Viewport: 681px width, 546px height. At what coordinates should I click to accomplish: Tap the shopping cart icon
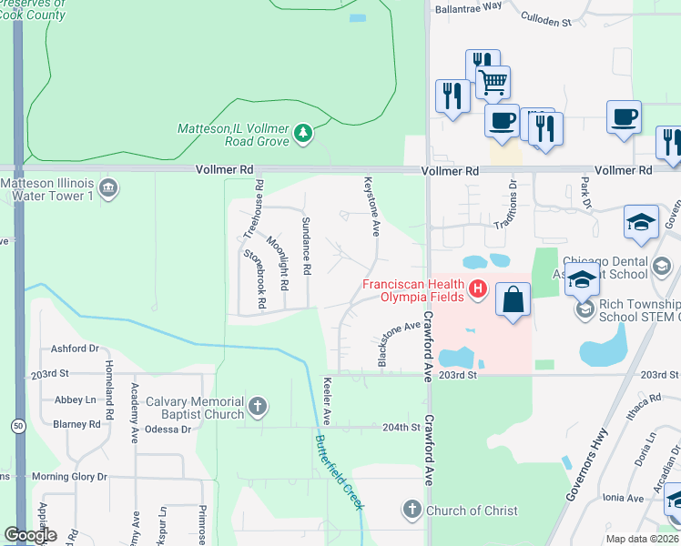[493, 82]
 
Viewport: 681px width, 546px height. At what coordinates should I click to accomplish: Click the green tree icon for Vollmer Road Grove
[303, 135]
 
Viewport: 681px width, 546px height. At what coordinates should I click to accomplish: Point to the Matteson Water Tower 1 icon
[108, 189]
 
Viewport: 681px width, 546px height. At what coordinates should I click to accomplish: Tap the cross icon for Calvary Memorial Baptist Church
[258, 406]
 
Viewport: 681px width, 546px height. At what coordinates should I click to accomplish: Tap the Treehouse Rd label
[259, 204]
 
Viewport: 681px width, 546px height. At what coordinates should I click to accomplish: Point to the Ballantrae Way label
[468, 5]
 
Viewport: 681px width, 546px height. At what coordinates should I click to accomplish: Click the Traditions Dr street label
[513, 198]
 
